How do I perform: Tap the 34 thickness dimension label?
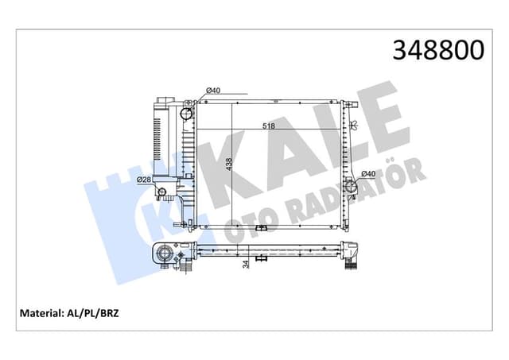tap(246, 263)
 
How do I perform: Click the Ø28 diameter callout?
tap(144, 180)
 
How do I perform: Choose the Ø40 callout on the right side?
tap(368, 174)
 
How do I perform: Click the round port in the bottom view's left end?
tap(165, 254)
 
